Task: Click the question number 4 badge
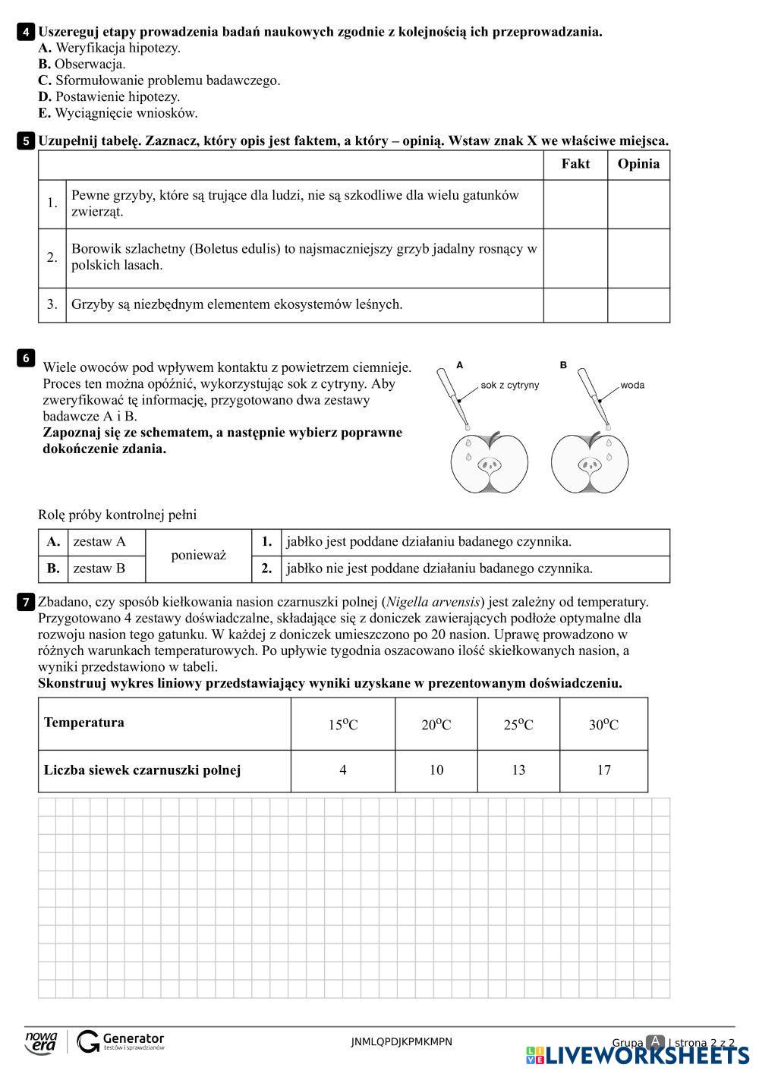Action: pyautogui.click(x=26, y=32)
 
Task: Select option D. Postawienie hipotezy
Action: pyautogui.click(x=109, y=96)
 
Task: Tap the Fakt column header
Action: pyautogui.click(x=575, y=164)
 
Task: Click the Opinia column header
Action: pyautogui.click(x=638, y=164)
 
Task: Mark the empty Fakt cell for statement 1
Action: pyautogui.click(x=575, y=203)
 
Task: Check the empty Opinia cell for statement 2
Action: pyautogui.click(x=638, y=257)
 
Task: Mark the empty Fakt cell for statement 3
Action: pyautogui.click(x=575, y=304)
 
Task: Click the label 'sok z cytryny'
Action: pyautogui.click(x=510, y=385)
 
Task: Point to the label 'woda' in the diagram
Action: pyautogui.click(x=632, y=385)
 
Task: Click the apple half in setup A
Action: pyautogui.click(x=490, y=462)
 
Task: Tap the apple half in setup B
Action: pyautogui.click(x=590, y=462)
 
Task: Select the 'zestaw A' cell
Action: pyautogui.click(x=99, y=542)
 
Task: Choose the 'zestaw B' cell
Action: pyautogui.click(x=99, y=568)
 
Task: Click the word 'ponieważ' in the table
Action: pyautogui.click(x=199, y=555)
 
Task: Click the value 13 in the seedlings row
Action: pyautogui.click(x=518, y=770)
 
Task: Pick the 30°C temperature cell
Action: pyautogui.click(x=603, y=725)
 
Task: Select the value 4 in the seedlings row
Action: pyautogui.click(x=343, y=770)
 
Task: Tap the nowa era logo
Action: pyautogui.click(x=41, y=1041)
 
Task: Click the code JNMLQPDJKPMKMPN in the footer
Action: pyautogui.click(x=402, y=1042)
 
